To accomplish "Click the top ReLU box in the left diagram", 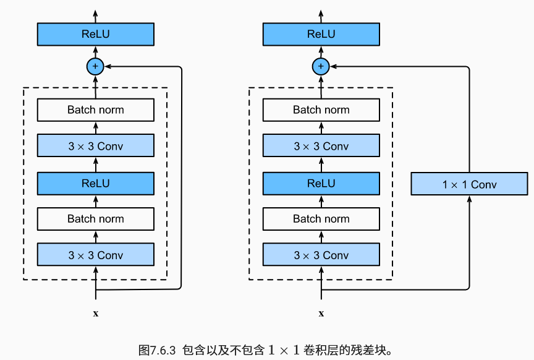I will [x=95, y=34].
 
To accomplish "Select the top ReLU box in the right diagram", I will [x=321, y=34].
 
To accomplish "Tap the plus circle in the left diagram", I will [x=95, y=66].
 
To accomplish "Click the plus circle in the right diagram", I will [x=321, y=66].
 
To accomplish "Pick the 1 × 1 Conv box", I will [x=469, y=184].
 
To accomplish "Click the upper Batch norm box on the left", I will [x=95, y=110].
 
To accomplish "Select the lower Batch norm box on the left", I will [x=95, y=219].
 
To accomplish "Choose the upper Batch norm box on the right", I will [x=321, y=110].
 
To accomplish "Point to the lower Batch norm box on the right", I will [x=321, y=219].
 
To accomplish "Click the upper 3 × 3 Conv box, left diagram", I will [x=95, y=147].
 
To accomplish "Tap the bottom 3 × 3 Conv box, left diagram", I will [x=95, y=255].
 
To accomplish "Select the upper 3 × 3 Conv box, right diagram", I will [x=321, y=147].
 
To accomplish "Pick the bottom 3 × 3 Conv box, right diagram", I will [x=321, y=255].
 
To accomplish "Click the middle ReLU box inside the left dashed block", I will [x=95, y=183].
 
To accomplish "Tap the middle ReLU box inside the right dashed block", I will [x=321, y=183].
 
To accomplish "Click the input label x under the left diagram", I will [x=95, y=314].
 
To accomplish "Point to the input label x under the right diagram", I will [x=321, y=314].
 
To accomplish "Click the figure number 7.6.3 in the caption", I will [x=161, y=349].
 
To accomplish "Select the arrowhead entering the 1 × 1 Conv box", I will [x=469, y=199].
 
